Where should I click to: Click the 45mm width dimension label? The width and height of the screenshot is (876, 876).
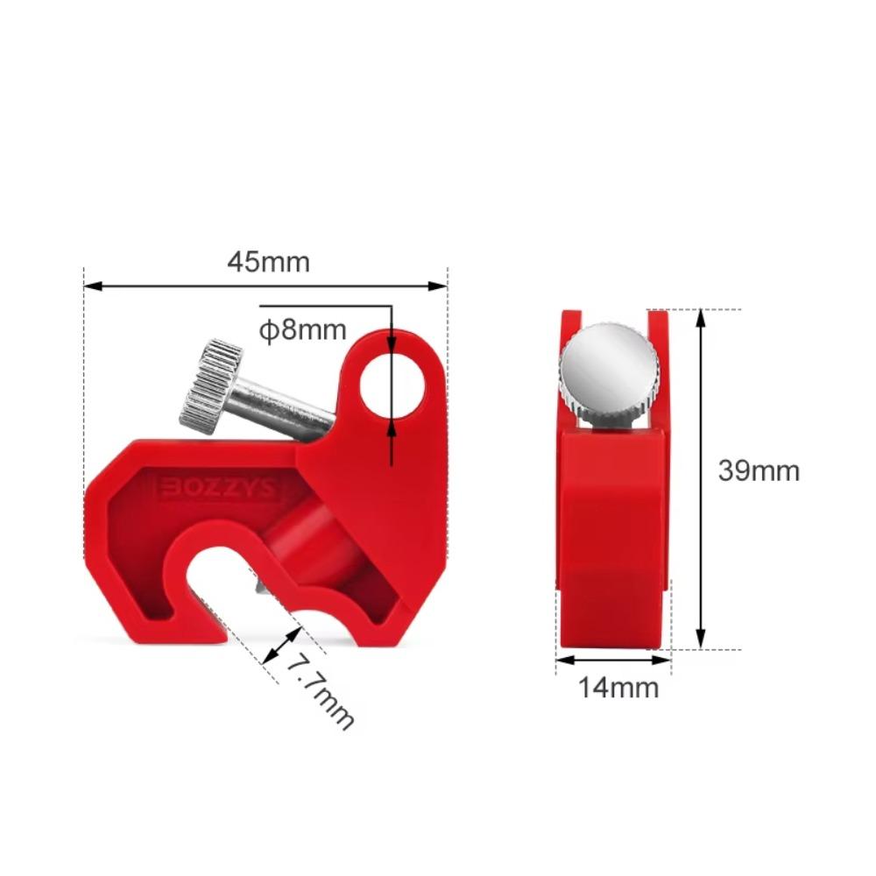pos(268,261)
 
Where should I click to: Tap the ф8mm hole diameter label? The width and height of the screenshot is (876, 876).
pos(303,330)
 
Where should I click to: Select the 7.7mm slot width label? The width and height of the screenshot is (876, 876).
pos(321,691)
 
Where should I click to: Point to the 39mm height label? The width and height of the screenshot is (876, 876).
pos(759,470)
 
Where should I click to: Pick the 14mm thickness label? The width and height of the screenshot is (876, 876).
pos(618,687)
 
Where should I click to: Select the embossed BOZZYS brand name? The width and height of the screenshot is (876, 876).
pos(217,489)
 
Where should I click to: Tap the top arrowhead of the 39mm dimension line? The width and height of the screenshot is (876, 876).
pos(701,317)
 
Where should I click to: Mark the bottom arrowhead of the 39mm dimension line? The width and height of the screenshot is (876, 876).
pos(701,642)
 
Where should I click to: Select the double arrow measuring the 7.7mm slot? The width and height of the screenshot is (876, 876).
pos(281,646)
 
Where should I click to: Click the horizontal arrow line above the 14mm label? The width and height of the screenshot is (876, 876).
pos(613,659)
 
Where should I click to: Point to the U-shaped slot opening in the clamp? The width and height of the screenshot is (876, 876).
pos(219,587)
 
